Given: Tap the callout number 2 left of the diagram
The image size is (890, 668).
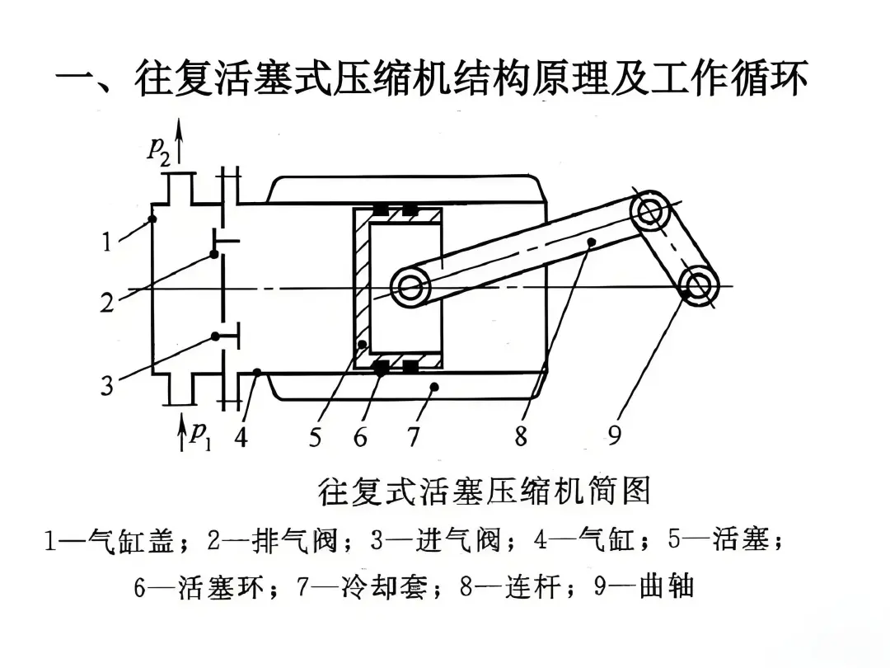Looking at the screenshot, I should coord(107,303).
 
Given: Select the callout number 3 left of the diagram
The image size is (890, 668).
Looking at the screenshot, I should coord(107,385).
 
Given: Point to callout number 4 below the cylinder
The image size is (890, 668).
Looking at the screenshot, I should coord(241,436).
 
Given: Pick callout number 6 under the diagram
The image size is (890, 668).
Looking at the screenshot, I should coord(360,436).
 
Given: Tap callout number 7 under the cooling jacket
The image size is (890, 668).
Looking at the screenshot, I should coord(414,436).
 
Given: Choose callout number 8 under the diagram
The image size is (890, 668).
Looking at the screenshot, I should coord(521,436).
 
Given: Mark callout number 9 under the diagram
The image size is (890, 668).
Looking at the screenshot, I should coord(615,436).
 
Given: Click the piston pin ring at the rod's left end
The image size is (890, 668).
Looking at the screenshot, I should coord(411,288).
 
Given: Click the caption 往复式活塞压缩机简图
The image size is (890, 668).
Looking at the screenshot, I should coord(484,492).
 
